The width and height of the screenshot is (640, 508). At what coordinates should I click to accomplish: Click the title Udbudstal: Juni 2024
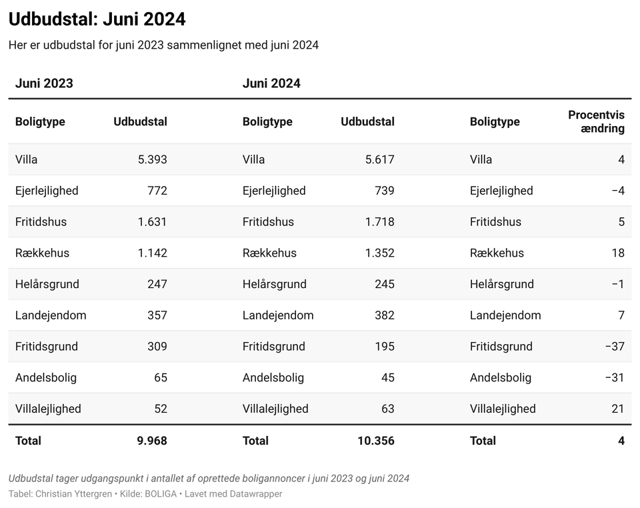pos(97,19)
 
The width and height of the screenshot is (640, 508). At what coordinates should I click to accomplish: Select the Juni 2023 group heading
pos(44,83)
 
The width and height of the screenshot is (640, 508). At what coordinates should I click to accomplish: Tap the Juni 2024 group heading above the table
pos(271,83)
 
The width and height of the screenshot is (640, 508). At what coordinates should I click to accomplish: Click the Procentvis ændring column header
pos(596,121)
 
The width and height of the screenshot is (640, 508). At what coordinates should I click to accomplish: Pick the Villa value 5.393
pos(152,159)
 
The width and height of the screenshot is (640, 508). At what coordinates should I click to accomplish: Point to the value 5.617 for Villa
pos(379,159)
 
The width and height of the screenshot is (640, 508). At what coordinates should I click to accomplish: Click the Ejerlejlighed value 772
pos(157,191)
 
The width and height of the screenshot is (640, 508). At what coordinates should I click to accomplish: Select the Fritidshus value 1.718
pos(379,222)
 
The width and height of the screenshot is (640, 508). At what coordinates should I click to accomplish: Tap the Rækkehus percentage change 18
pos(618,253)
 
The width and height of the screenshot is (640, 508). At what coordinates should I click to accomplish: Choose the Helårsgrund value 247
pos(157,284)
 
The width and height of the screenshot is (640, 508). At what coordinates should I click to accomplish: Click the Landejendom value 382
pos(385,315)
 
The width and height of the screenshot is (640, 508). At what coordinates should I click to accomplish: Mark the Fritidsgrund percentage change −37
pos(615,347)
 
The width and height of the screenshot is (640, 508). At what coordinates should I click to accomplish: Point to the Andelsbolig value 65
pos(161,377)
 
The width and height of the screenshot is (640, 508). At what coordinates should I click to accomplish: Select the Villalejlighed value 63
pos(388,409)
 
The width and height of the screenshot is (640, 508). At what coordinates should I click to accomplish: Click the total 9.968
pos(152,441)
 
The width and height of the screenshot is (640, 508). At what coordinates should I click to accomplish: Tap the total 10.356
pos(376,441)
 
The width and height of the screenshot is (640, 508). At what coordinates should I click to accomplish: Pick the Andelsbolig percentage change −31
pos(615,377)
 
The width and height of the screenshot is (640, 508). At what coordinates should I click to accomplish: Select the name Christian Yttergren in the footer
pos(73,494)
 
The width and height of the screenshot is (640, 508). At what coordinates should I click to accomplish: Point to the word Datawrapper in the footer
pos(256,494)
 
